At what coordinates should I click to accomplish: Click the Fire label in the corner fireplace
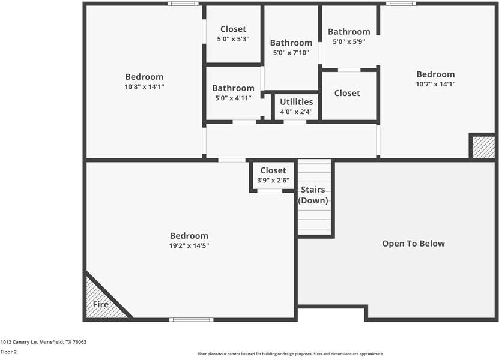(101, 305)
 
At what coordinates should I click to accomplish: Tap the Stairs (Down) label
(313, 195)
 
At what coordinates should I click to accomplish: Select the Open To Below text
(414, 244)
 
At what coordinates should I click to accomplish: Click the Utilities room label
(296, 102)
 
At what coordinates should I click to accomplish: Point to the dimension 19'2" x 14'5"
(189, 245)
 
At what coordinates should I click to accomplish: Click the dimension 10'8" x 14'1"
(144, 86)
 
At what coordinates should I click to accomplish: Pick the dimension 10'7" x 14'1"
(435, 84)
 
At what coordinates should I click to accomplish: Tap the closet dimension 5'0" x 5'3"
(233, 38)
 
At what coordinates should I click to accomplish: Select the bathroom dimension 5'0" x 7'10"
(291, 52)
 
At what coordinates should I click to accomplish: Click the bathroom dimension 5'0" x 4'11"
(233, 97)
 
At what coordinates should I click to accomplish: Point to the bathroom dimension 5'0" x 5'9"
(349, 41)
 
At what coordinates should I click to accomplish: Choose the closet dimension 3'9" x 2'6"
(273, 180)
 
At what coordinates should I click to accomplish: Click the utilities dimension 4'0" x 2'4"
(296, 112)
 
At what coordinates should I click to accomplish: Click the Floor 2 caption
(8, 352)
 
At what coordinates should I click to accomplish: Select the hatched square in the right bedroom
(483, 148)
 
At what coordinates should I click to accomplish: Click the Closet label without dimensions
(347, 93)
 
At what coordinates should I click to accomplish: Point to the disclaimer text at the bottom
(291, 354)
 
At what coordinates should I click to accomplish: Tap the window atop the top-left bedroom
(183, 4)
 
